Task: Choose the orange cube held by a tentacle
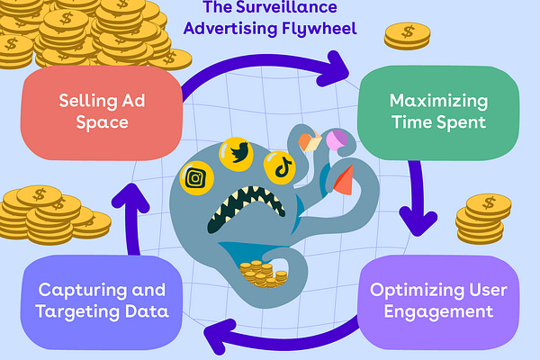click(x=309, y=142)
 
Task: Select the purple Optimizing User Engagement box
click(x=440, y=302)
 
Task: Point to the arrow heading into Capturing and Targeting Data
click(x=270, y=335)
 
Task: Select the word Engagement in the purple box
click(x=440, y=312)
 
